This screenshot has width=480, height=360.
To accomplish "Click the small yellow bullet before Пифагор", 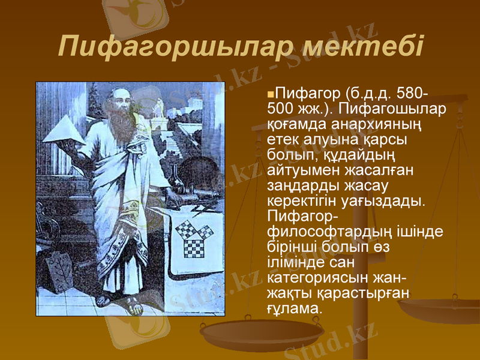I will pos(271,95).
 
